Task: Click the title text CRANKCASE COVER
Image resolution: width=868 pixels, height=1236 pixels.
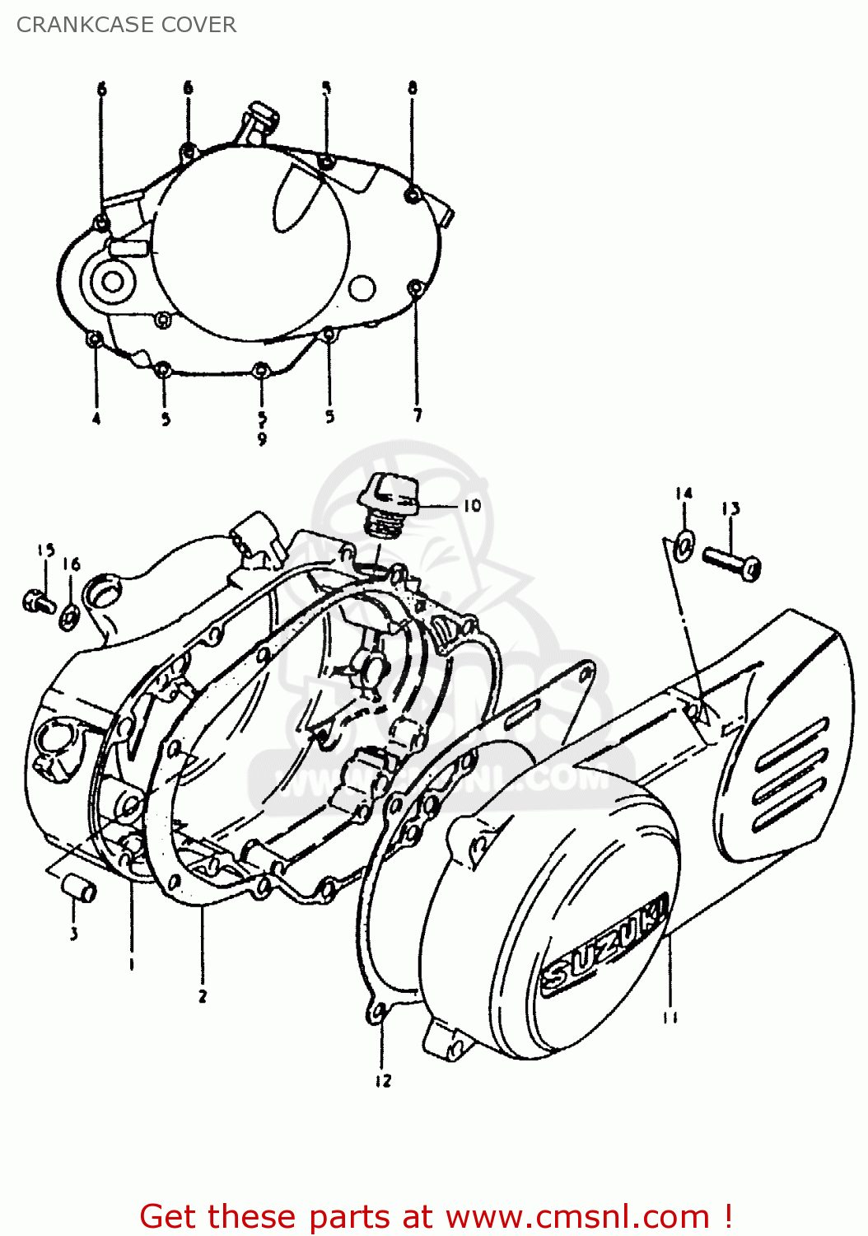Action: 126,25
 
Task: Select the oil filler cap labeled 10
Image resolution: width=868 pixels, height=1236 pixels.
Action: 390,498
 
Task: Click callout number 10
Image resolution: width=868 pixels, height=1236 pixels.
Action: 471,505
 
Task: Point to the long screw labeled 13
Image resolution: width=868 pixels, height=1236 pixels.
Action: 731,562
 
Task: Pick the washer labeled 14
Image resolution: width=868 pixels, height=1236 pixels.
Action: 684,542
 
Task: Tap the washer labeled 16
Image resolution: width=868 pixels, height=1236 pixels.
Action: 70,615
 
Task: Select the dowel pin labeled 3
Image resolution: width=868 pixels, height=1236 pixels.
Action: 79,889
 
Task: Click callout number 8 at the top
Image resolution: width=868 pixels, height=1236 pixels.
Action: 413,87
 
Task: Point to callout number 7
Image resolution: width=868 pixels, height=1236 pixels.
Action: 418,415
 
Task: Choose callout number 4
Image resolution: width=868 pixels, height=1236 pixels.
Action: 96,419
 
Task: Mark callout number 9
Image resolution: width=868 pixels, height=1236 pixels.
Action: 262,439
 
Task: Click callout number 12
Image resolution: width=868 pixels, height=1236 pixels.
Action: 383,1080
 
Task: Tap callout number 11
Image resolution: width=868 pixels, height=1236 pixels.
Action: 670,1017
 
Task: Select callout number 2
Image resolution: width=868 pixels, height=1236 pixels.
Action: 203,996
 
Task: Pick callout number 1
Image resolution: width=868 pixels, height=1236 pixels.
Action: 132,963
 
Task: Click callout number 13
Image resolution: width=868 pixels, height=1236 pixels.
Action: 731,508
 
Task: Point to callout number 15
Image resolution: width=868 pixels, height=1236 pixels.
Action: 45,550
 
